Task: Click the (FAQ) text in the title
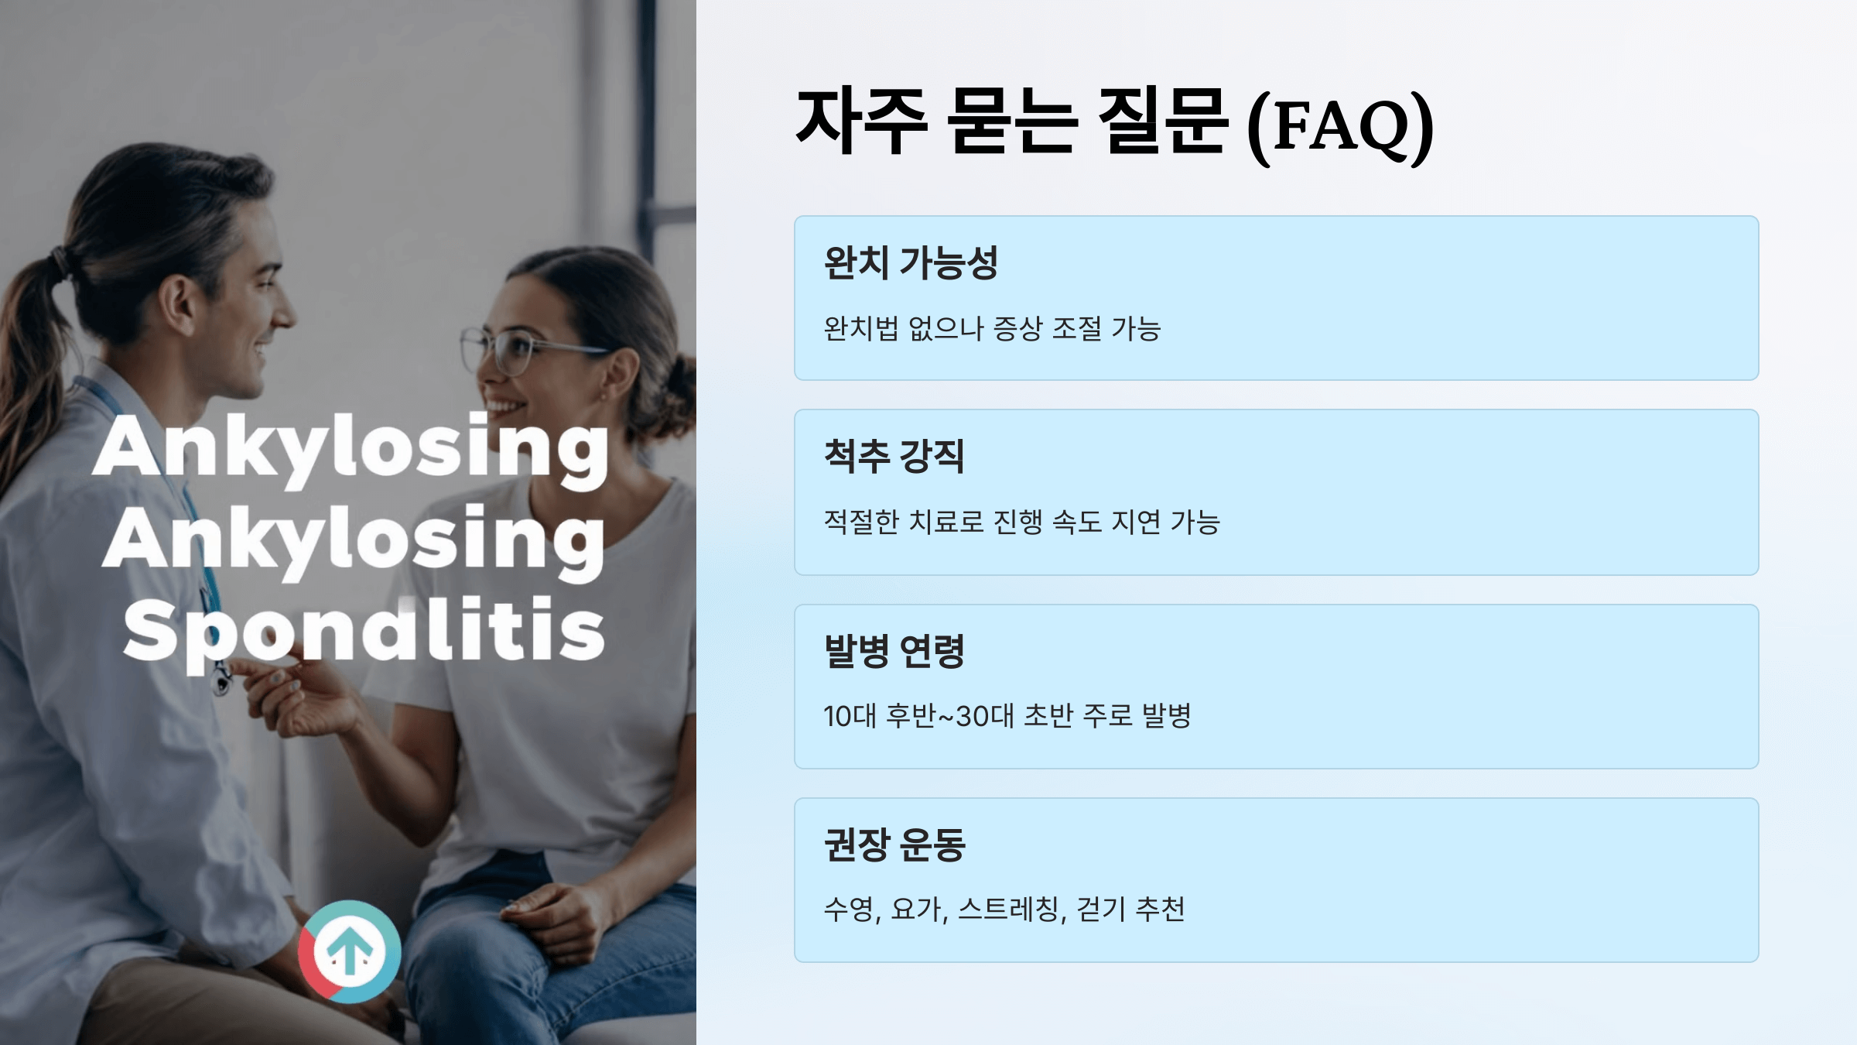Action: pos(1341,126)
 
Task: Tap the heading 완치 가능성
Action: pos(911,262)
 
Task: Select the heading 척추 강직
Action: pos(894,456)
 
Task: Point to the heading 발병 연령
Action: pos(894,651)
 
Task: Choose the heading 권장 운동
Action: pos(894,845)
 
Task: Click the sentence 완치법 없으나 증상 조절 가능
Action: pos(992,329)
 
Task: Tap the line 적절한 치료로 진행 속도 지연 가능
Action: pos(1021,522)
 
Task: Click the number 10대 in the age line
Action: pos(850,716)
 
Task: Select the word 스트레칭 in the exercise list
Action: pos(1011,910)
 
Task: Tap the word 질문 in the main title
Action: pos(1162,122)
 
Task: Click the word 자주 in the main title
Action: pos(861,122)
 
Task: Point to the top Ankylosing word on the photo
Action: pos(351,447)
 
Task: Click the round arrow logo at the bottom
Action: pos(350,951)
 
